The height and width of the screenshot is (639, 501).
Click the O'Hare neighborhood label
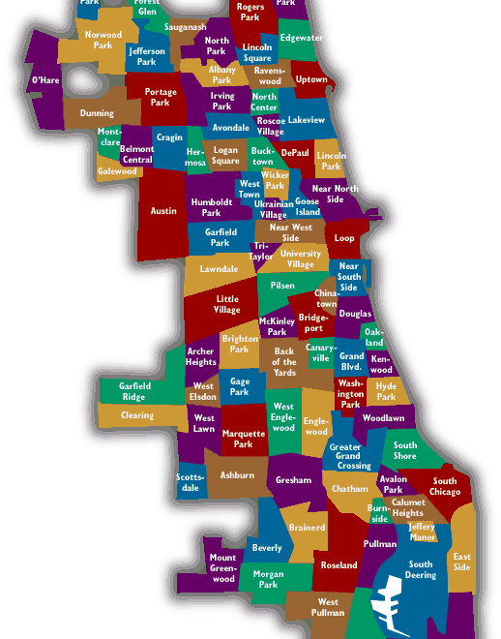click(45, 80)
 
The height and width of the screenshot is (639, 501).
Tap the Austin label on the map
click(163, 210)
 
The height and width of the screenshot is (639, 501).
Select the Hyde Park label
click(386, 391)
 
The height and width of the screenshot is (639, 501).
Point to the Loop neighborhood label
click(344, 237)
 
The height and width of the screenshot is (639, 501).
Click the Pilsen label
click(282, 286)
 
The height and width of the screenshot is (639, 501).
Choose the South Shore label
click(405, 451)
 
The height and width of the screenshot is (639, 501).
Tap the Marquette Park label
click(243, 440)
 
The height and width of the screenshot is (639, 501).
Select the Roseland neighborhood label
click(339, 564)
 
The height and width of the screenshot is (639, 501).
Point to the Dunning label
click(97, 113)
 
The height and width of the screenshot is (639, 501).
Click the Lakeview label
click(307, 121)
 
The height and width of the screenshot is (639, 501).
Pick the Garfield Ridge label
click(134, 391)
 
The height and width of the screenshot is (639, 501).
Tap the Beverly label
click(267, 548)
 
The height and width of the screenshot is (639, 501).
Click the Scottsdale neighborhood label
click(190, 482)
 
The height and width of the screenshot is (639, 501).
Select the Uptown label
click(311, 79)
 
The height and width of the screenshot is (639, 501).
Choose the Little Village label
click(227, 305)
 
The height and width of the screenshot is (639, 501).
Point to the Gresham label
click(293, 480)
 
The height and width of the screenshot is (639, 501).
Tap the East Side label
click(462, 562)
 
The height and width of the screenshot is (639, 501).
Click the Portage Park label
click(161, 97)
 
